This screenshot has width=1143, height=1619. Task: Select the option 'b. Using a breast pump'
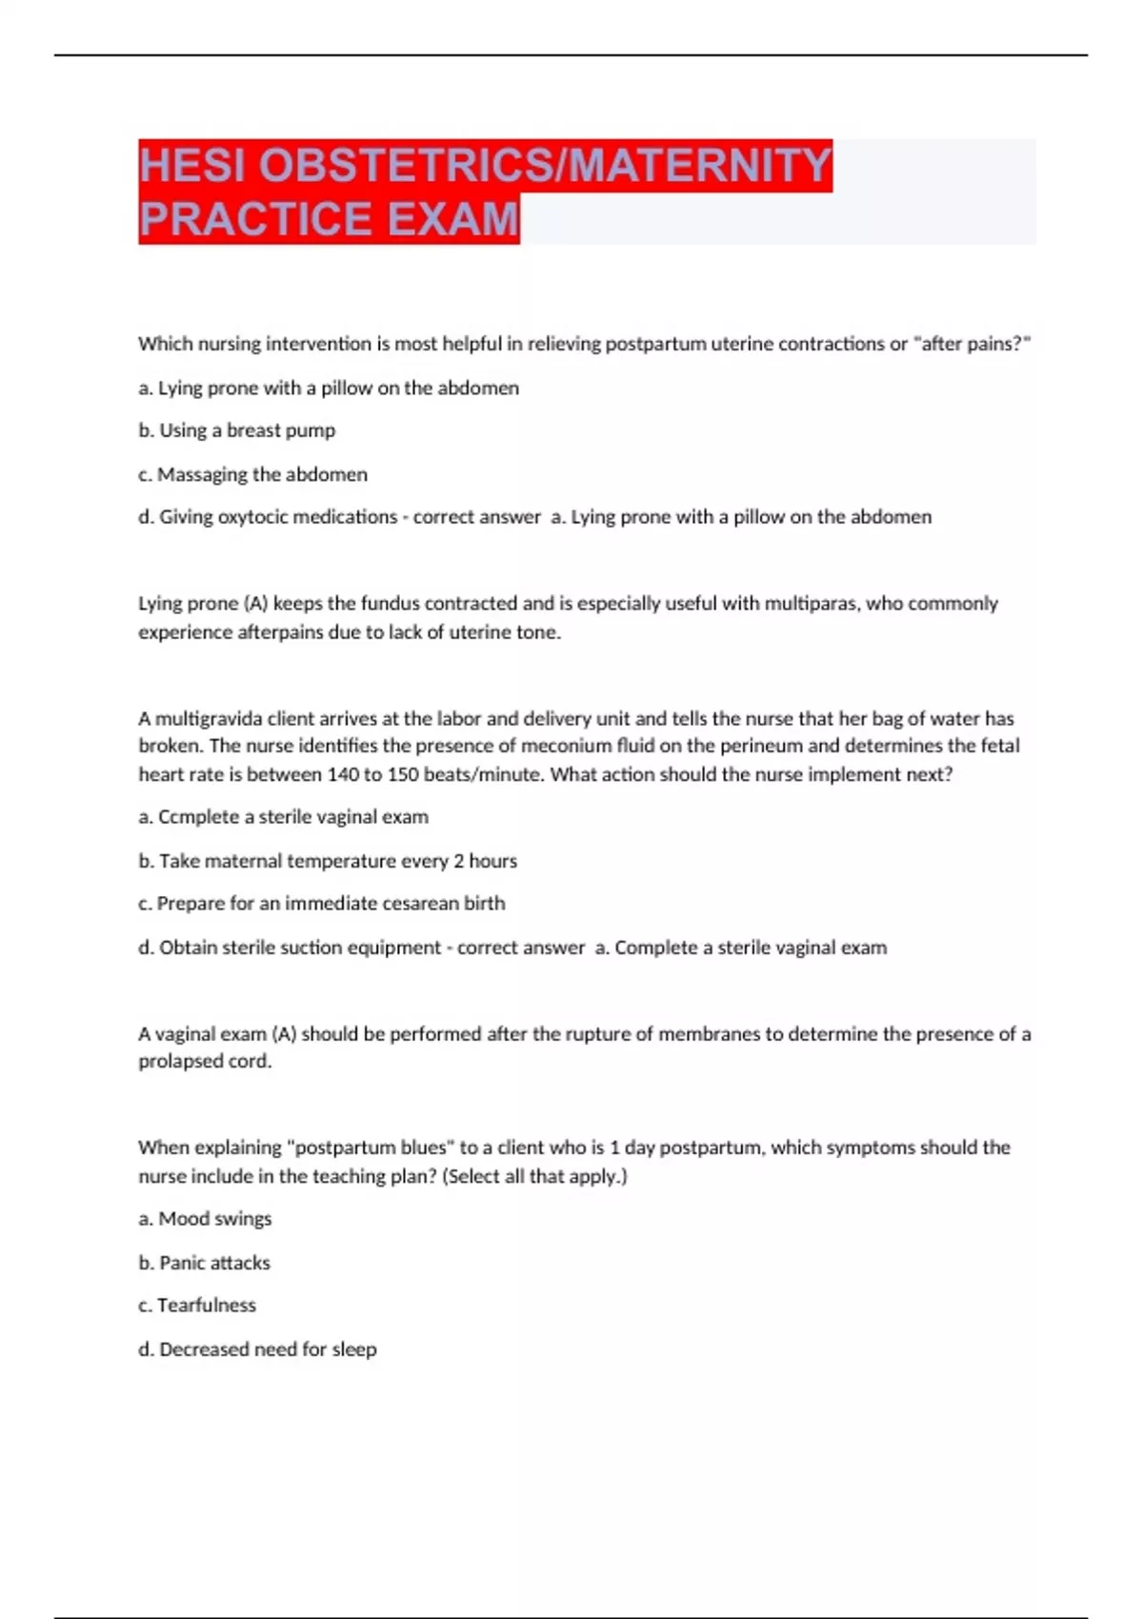[x=237, y=430]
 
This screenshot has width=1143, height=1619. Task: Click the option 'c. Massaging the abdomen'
[x=252, y=474]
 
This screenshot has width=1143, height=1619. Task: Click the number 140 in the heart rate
[x=343, y=775]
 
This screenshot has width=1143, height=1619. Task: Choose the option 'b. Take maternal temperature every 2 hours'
[x=328, y=861]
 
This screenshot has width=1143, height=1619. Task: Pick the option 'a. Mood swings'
[x=205, y=1219]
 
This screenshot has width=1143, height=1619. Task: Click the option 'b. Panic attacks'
[x=204, y=1263]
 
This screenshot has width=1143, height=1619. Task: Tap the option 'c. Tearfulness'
[x=197, y=1306]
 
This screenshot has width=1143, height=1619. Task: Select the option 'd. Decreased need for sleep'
[x=257, y=1349]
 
